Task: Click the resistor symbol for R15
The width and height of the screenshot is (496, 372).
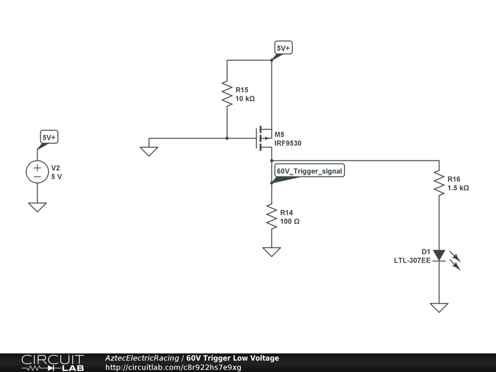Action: coord(227,93)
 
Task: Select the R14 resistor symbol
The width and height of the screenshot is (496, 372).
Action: coord(271,217)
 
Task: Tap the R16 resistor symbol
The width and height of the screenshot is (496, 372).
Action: coord(439,183)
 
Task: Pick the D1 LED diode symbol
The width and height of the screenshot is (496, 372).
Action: coord(439,255)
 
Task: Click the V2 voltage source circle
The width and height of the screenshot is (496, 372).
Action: coord(37,172)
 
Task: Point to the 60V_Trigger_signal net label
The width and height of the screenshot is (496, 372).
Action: coord(310,171)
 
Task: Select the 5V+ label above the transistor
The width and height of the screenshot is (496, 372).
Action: coord(283,48)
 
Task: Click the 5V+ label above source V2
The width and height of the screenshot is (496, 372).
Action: coord(49,138)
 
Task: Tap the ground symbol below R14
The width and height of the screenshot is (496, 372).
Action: coord(271,251)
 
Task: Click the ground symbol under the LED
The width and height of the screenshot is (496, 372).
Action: coord(439,308)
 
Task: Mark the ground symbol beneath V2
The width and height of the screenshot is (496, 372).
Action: coord(37,207)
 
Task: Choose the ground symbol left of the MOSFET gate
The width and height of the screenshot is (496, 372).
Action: coord(149,151)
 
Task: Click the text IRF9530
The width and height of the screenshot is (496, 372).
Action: coord(288,143)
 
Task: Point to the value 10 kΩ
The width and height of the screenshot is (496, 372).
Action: coord(245,98)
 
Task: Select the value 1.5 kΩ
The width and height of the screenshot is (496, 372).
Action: coord(458,187)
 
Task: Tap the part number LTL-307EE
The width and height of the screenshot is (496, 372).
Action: coord(412,260)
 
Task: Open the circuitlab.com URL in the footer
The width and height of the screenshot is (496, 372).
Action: coord(173,367)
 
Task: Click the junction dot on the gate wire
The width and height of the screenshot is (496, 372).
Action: coord(227,138)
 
